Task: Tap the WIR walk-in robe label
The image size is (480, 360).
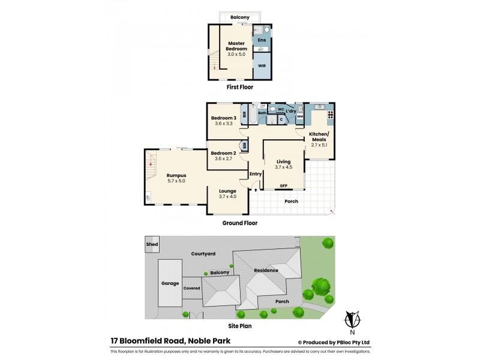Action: tap(262, 65)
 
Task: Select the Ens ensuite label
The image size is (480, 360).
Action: tap(262, 40)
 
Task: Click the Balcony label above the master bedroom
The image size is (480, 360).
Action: tap(239, 17)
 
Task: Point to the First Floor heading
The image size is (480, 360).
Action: tap(239, 87)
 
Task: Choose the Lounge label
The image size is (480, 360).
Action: tap(227, 191)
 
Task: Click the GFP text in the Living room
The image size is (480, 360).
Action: tap(284, 185)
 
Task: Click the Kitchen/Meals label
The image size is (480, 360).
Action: tap(319, 136)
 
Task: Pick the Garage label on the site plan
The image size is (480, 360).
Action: tap(170, 283)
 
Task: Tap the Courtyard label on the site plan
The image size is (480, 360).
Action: tap(203, 254)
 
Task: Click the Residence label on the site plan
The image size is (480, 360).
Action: tap(265, 271)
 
